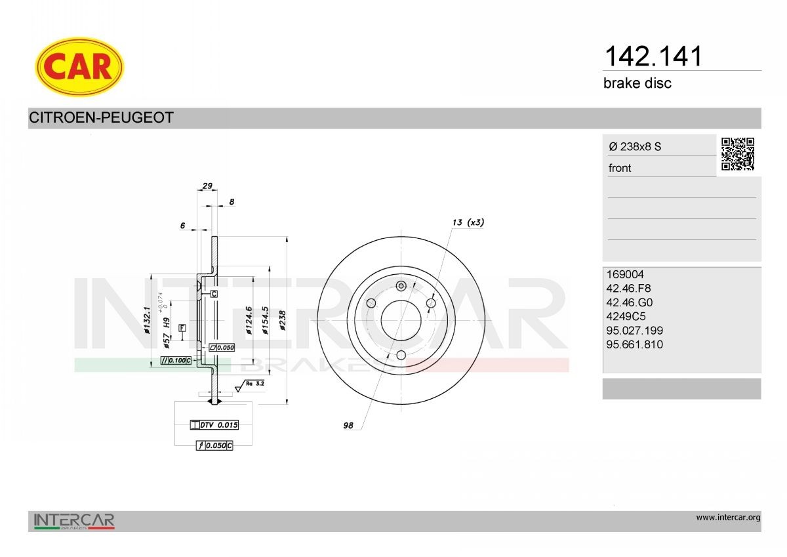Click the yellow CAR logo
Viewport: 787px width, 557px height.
pyautogui.click(x=79, y=66)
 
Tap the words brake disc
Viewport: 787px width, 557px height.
pyautogui.click(x=637, y=83)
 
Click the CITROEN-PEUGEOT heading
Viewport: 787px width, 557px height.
pyautogui.click(x=101, y=118)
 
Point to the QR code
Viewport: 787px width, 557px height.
pyautogui.click(x=738, y=154)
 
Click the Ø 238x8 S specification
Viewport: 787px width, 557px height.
pyautogui.click(x=635, y=147)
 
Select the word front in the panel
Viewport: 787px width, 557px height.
pyautogui.click(x=620, y=168)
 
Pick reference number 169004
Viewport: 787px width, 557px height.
pyautogui.click(x=626, y=275)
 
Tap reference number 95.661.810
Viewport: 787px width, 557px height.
pyautogui.click(x=636, y=344)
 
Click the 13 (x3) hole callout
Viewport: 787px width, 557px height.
pyautogui.click(x=468, y=222)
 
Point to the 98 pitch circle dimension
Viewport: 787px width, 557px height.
pyautogui.click(x=348, y=426)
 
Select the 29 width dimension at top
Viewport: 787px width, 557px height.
pyautogui.click(x=207, y=186)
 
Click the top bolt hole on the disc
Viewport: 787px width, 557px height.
pyautogui.click(x=401, y=286)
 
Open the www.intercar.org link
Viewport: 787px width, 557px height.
pyautogui.click(x=728, y=518)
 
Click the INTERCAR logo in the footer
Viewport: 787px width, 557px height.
pyautogui.click(x=74, y=521)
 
